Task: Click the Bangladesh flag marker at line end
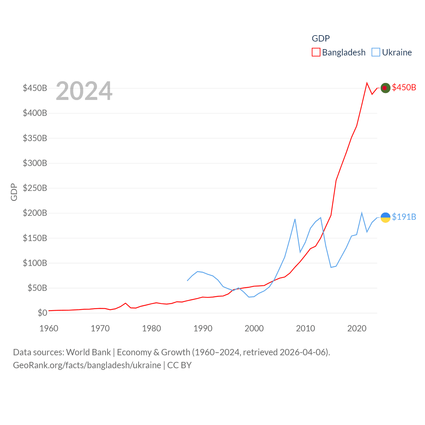point(385,88)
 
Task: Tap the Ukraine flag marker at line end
point(385,217)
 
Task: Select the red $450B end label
point(404,87)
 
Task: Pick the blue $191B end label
point(404,217)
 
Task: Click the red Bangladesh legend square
point(316,52)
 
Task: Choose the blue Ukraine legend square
point(376,52)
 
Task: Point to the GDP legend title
point(321,39)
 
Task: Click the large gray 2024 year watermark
point(84,91)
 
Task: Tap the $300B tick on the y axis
point(35,163)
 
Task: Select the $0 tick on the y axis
point(42,313)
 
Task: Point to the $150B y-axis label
point(35,238)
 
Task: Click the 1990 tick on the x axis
point(203,328)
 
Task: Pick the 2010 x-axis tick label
point(305,328)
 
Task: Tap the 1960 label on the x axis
point(49,328)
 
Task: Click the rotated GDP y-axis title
point(14,192)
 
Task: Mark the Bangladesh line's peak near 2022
point(367,83)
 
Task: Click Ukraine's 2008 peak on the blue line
point(295,219)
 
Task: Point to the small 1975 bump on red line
point(126,303)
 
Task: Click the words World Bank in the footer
point(88,352)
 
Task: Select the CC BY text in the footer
point(179,365)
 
